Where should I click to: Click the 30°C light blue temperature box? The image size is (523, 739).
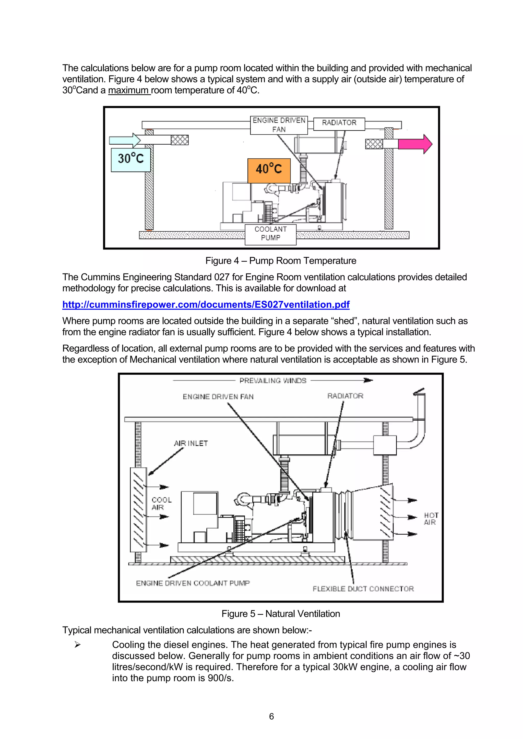(x=130, y=160)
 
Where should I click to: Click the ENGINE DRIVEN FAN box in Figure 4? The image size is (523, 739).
(x=279, y=125)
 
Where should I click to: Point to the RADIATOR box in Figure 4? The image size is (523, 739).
(x=339, y=124)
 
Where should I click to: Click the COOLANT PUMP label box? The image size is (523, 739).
(x=270, y=234)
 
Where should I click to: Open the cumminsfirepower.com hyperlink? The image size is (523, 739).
(x=206, y=305)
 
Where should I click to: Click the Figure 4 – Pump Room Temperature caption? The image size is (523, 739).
(x=281, y=261)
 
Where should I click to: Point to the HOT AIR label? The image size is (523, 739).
(x=431, y=519)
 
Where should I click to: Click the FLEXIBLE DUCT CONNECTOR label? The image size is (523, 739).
(x=363, y=589)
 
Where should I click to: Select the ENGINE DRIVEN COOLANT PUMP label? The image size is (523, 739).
(x=193, y=583)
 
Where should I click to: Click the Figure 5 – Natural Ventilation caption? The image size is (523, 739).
(x=281, y=614)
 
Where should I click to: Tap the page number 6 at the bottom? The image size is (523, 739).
(x=271, y=717)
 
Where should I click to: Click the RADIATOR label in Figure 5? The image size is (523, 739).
(x=345, y=396)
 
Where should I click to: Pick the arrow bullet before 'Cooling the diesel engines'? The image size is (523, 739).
(x=77, y=645)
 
